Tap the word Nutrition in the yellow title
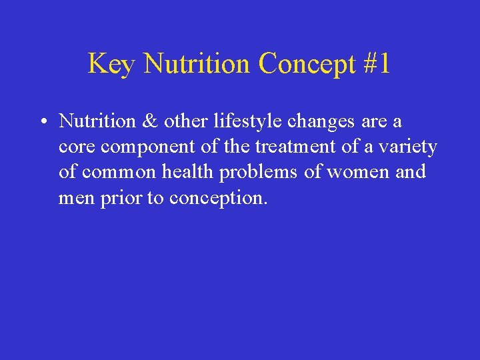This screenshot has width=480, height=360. (197, 64)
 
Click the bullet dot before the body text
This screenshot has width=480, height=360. (41, 122)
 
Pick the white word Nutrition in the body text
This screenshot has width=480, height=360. (97, 121)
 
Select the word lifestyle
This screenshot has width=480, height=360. (237, 121)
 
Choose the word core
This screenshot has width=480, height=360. (75, 147)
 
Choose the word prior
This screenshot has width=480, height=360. (118, 198)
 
